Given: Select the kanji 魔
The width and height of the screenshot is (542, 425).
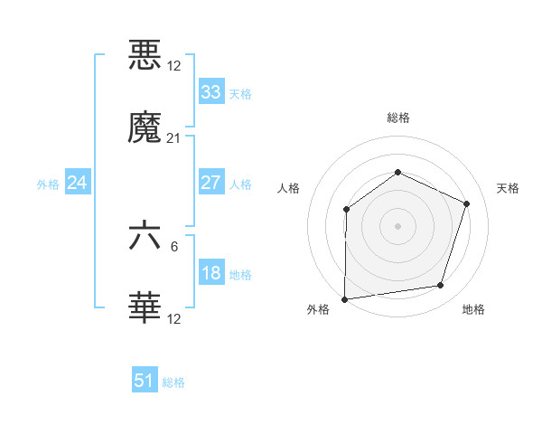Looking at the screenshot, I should point(145,128).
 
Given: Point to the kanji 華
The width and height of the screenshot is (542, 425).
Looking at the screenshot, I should point(145,309).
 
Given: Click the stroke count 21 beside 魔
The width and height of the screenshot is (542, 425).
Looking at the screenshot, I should point(173,138).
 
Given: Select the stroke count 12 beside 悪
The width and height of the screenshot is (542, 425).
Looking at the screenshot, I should point(173,66).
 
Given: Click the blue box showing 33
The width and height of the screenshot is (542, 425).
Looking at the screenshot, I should point(210,92).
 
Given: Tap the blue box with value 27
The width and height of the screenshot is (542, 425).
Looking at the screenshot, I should point(210,183).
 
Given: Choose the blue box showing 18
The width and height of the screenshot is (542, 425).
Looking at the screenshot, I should point(210,273).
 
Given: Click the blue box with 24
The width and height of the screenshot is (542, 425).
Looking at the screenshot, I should point(77,184).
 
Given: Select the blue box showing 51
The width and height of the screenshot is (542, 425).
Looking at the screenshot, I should point(144,382).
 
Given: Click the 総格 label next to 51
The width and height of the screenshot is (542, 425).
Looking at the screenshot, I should point(173,382).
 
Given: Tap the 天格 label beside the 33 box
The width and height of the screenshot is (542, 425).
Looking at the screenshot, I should point(240,93).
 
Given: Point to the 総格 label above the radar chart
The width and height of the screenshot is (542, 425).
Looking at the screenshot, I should point(397,118).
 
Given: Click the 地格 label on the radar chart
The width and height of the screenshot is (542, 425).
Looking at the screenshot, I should point(473,309).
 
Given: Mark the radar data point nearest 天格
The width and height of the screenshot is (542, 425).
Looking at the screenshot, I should point(467,203).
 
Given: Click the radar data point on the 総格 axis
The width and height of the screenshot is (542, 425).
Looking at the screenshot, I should point(397,173).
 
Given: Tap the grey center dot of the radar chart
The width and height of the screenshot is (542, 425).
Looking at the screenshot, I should point(397,226).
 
